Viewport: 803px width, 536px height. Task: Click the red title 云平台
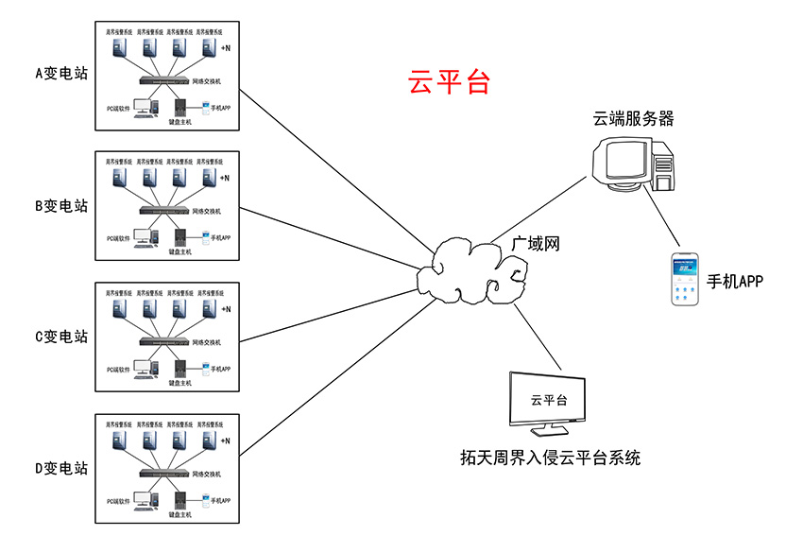[449, 81]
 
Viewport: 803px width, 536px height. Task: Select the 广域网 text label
[536, 244]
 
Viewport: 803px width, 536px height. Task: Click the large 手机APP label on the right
[734, 282]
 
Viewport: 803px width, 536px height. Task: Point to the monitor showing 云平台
[547, 403]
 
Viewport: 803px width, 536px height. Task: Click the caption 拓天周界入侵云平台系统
[550, 458]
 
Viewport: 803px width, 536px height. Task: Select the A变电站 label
[61, 73]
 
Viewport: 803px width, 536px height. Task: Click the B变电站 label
[61, 205]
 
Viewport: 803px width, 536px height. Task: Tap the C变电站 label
[61, 336]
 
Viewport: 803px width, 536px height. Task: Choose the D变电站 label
[61, 467]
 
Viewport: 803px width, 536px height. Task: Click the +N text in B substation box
[225, 179]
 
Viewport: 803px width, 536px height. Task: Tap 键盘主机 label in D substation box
[179, 514]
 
